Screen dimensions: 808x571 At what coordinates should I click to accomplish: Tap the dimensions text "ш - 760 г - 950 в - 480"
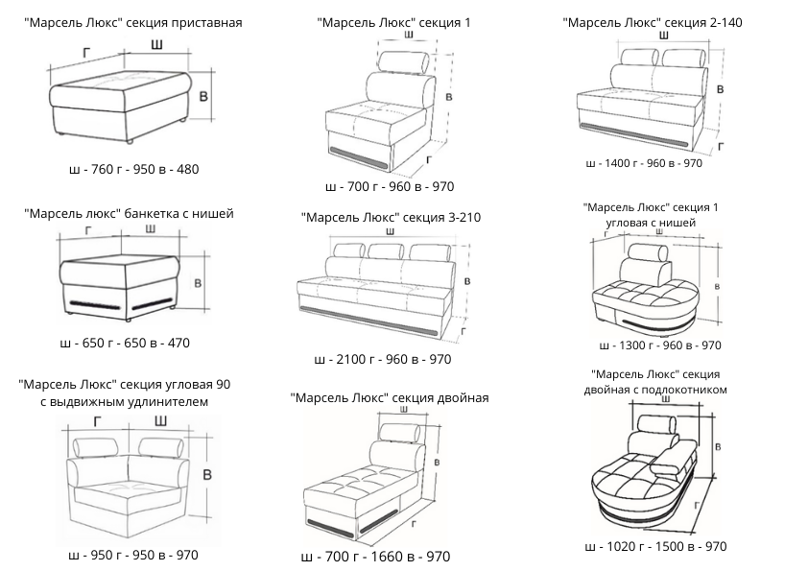pyautogui.click(x=133, y=169)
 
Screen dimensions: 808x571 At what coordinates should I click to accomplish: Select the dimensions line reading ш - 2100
pyautogui.click(x=382, y=359)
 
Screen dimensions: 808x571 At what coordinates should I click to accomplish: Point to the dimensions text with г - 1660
pyautogui.click(x=375, y=557)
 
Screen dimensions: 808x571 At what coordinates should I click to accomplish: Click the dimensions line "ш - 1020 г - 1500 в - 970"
pyautogui.click(x=655, y=546)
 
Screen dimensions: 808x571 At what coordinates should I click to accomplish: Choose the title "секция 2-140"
pyautogui.click(x=702, y=23)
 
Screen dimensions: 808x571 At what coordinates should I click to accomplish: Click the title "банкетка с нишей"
pyautogui.click(x=178, y=213)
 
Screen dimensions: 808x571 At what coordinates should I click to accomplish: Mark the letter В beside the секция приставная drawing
pyautogui.click(x=203, y=96)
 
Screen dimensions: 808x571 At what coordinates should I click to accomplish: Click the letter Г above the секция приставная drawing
pyautogui.click(x=86, y=52)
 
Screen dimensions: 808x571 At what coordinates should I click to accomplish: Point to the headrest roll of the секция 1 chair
pyautogui.click(x=403, y=61)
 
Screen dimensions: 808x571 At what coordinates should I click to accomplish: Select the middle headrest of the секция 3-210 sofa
pyautogui.click(x=386, y=251)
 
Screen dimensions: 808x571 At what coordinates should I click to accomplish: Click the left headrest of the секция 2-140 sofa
pyautogui.click(x=640, y=58)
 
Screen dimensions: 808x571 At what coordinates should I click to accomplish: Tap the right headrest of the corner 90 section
pyautogui.click(x=161, y=446)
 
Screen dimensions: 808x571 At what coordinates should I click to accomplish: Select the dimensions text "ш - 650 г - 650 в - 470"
pyautogui.click(x=125, y=343)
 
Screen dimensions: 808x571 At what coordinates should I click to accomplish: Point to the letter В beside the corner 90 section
pyautogui.click(x=207, y=475)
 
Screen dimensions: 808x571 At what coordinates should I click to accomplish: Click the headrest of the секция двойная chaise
pyautogui.click(x=400, y=432)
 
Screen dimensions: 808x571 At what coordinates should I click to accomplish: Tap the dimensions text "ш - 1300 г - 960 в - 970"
pyautogui.click(x=660, y=345)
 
